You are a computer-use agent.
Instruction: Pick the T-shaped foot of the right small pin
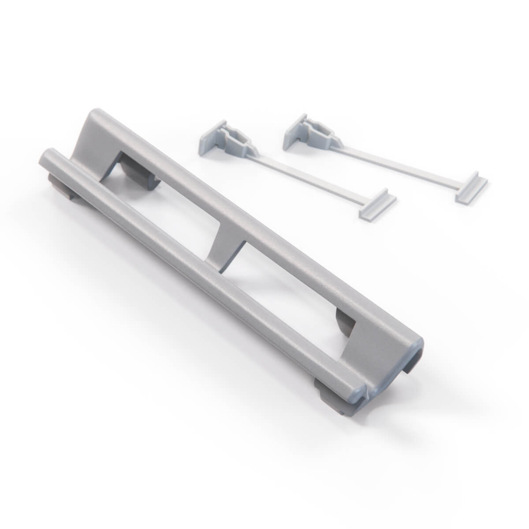click(x=471, y=187)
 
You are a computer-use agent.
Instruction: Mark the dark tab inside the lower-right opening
click(x=345, y=322)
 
